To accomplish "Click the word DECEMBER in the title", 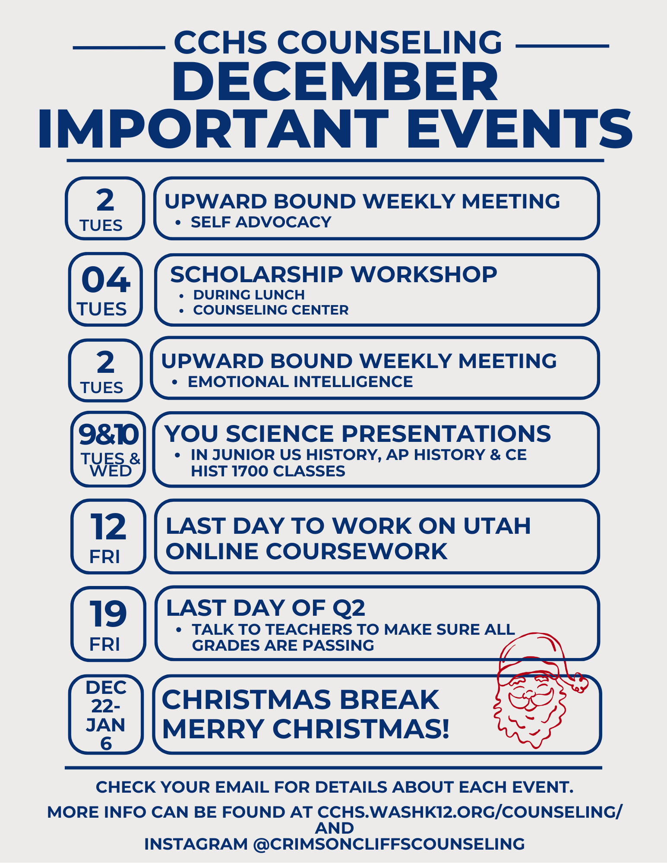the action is point(335,82).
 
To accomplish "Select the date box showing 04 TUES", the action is point(105,290).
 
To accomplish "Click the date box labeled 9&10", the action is point(108,449).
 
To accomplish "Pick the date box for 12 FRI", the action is point(108,536).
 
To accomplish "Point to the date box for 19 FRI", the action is point(108,624).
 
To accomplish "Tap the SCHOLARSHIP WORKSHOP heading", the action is point(333,274).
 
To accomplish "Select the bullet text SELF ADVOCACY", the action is point(261,222).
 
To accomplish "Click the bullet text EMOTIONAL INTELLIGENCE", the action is point(300,382).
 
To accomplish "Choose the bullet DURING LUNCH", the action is point(249,295).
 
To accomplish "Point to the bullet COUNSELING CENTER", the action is point(271,310).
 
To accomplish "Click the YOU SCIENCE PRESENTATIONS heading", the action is point(357,434).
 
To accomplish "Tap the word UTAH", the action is point(497,526).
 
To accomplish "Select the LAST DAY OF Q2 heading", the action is point(266,608).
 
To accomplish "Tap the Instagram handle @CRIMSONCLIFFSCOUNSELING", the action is point(389,844).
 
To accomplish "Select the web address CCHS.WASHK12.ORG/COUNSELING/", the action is point(470,812).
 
